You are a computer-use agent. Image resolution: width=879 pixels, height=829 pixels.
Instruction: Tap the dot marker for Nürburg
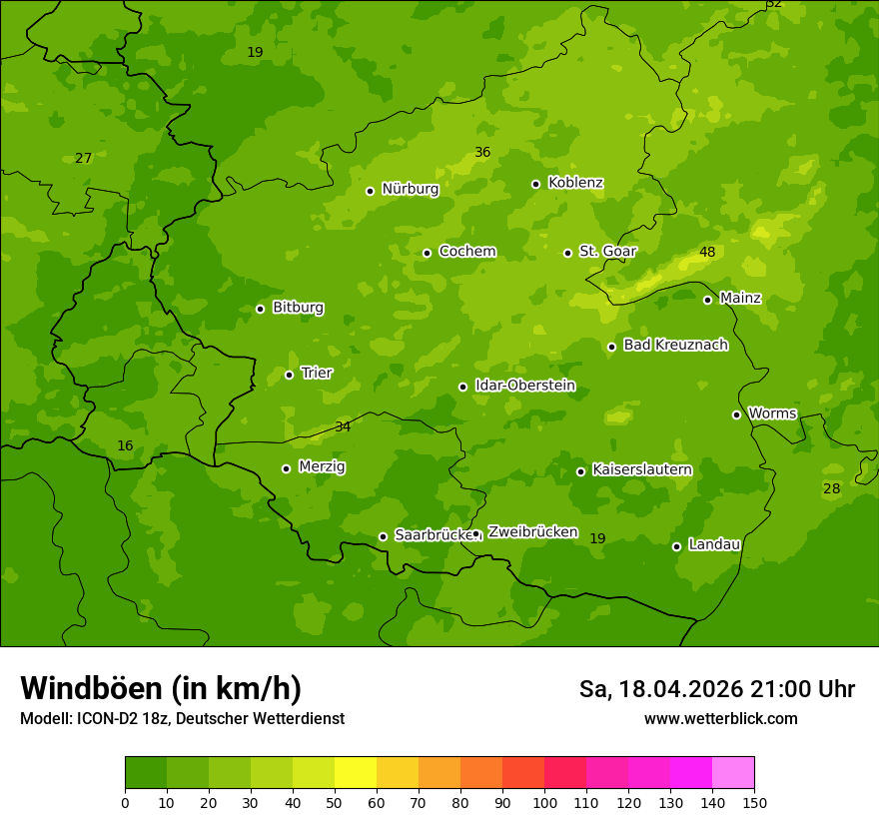(370, 191)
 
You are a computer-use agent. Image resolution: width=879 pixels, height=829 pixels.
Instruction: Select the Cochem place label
(466, 252)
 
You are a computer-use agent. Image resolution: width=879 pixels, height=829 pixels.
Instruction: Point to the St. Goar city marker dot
(567, 253)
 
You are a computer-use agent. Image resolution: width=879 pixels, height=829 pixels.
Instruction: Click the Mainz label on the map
(740, 298)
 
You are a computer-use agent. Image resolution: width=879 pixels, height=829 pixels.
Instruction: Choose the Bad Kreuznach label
(675, 345)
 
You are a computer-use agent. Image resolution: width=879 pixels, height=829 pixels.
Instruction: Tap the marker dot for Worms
(736, 414)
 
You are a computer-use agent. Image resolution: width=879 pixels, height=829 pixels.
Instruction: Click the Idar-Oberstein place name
(524, 386)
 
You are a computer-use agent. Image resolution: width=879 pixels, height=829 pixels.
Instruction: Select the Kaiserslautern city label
(641, 469)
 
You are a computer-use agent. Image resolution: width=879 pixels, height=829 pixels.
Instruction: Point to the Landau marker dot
(676, 546)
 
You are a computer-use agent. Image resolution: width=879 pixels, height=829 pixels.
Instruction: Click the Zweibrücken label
(532, 532)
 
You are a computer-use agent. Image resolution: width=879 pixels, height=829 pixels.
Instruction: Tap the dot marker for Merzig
(286, 468)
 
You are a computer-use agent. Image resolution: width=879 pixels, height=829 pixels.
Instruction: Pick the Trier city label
(317, 373)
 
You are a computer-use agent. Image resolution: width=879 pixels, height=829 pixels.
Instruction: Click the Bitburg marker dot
(260, 309)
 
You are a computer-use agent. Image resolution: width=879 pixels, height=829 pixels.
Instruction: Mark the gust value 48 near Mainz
(707, 253)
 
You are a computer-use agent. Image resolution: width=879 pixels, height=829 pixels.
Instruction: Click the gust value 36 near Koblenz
(482, 153)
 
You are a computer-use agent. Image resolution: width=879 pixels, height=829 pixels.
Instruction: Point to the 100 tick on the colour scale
(544, 802)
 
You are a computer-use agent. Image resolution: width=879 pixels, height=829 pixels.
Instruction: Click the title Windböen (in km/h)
(161, 688)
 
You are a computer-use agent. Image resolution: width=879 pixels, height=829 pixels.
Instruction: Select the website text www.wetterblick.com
(720, 718)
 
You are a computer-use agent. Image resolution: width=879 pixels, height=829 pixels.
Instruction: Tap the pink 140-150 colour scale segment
(733, 773)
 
